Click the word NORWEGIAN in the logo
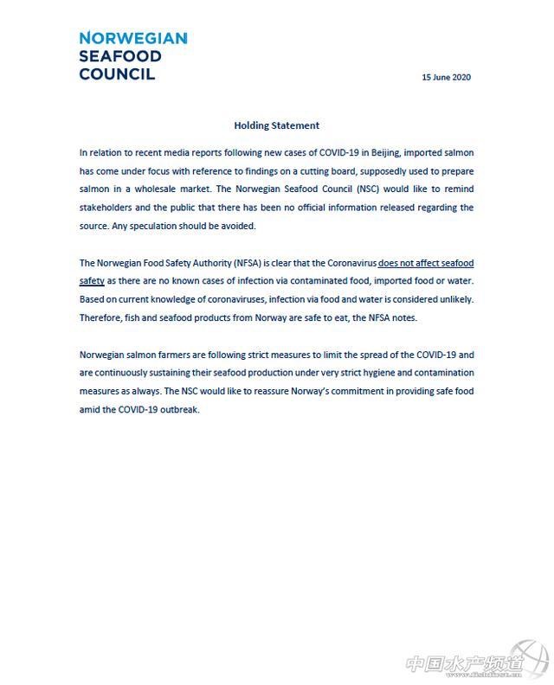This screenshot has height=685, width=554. [132, 39]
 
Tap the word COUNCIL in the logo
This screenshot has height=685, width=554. [117, 74]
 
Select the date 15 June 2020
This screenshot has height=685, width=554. [446, 77]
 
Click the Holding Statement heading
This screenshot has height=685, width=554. [276, 125]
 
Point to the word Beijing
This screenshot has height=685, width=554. [382, 151]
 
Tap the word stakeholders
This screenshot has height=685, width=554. [106, 208]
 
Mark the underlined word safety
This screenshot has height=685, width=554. [92, 281]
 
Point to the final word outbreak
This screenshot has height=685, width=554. [178, 409]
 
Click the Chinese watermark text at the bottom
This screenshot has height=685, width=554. [465, 664]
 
